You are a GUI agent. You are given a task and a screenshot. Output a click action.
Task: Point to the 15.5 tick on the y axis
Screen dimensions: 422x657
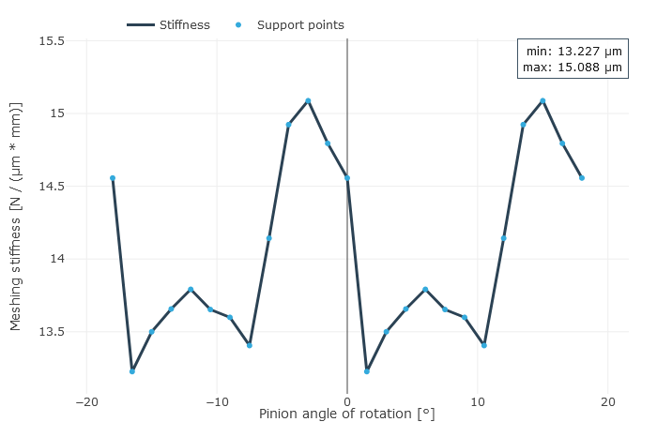tap(51, 41)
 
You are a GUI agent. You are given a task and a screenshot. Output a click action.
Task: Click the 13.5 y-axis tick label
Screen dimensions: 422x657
tap(51, 332)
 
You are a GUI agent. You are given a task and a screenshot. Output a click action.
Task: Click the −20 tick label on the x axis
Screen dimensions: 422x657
tap(85, 402)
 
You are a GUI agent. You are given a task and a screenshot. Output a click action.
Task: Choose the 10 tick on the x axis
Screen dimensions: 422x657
tap(478, 402)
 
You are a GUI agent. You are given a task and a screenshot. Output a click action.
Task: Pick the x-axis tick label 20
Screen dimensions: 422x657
tap(608, 402)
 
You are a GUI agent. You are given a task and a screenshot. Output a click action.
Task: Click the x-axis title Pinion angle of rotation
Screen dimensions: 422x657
tap(346, 414)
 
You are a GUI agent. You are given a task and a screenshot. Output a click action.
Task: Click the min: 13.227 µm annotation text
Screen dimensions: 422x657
tap(573, 52)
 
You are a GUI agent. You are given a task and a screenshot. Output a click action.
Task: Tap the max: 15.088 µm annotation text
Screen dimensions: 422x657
tap(573, 68)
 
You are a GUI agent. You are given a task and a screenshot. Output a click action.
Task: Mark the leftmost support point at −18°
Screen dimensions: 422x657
tap(113, 178)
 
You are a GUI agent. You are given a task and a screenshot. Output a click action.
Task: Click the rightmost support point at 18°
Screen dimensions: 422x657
tap(582, 178)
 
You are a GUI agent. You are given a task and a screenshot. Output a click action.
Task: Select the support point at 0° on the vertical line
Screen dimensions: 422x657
tap(347, 178)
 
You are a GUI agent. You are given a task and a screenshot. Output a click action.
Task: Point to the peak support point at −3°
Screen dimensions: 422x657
tap(308, 100)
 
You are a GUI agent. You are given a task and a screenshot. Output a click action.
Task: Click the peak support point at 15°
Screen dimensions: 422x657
tap(542, 100)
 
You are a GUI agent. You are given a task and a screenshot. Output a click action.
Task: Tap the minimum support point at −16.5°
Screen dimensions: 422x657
tap(132, 371)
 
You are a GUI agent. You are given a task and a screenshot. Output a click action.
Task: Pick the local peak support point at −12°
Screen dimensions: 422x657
tap(191, 290)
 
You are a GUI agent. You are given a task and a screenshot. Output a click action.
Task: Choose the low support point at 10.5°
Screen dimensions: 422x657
tap(484, 345)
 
